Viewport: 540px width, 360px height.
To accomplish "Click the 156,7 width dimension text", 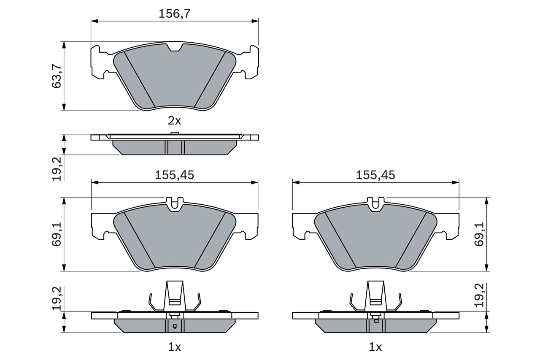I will pos(175,14).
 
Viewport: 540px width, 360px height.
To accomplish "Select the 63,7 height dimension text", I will pos(57,76).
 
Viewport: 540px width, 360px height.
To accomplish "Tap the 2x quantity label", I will pos(174,121).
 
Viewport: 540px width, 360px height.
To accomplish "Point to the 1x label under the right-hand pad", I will pos(375,347).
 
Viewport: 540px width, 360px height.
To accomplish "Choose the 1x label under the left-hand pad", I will pos(174,347).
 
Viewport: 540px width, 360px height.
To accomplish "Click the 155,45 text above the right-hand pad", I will pos(375,175).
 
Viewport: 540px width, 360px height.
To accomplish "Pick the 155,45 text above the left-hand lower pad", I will pos(174,175).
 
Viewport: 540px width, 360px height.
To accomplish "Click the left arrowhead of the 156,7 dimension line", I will pos(94,20).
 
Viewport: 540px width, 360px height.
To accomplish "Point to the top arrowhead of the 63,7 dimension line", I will pos(64,44).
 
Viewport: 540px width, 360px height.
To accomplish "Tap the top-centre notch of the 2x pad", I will pos(174,47).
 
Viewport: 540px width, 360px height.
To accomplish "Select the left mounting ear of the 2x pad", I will pos(97,62).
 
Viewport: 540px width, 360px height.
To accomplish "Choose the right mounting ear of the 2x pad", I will pos(251,62).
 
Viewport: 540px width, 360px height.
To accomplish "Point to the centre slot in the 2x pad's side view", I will pos(174,147).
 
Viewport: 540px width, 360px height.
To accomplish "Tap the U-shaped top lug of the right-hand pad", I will pos(375,204).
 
